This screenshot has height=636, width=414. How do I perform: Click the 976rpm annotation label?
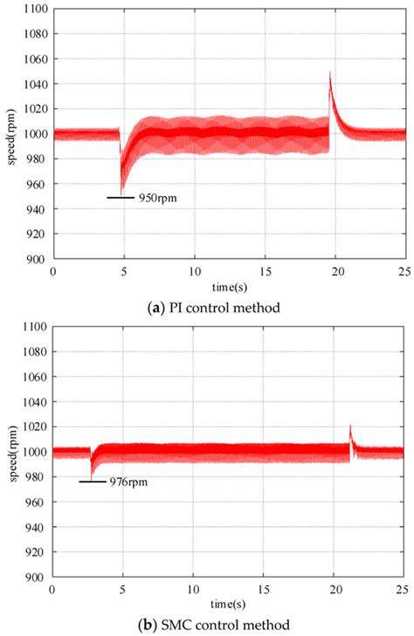(x=128, y=482)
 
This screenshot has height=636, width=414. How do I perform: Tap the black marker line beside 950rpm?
(x=121, y=198)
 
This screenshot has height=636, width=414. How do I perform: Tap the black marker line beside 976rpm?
(x=92, y=482)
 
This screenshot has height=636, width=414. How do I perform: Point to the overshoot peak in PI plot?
(x=330, y=73)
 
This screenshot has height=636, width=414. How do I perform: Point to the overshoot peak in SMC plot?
(x=350, y=425)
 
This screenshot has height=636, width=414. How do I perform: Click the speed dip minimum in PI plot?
(x=121, y=193)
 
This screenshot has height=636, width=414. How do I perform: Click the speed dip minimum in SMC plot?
(x=92, y=476)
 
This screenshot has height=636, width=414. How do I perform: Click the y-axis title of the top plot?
(x=10, y=133)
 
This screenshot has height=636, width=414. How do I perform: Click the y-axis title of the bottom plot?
(x=10, y=451)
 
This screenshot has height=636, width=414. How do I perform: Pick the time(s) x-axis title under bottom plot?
(x=228, y=603)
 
